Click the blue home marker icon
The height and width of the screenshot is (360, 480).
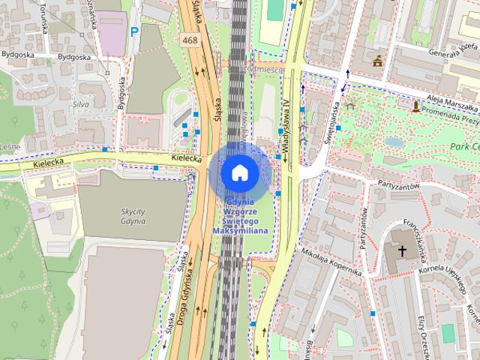click(x=239, y=172)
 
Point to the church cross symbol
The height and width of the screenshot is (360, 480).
click(x=402, y=250)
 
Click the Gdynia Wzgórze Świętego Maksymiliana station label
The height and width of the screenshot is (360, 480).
click(x=239, y=216)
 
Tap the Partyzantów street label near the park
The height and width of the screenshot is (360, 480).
click(x=408, y=186)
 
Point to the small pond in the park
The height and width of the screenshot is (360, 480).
click(x=393, y=142)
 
